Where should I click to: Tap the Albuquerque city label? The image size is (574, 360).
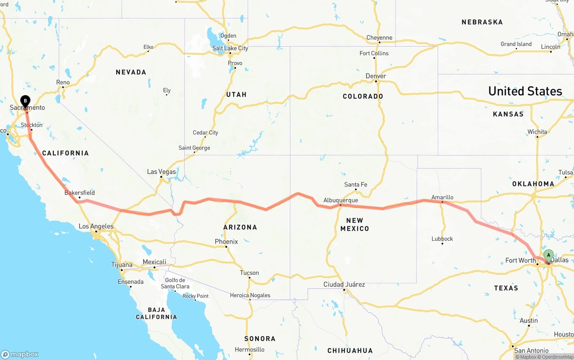[340, 200]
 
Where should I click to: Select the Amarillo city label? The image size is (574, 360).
[442, 197]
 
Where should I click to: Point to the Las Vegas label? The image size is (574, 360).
[161, 172]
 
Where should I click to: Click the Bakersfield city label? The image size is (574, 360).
[79, 193]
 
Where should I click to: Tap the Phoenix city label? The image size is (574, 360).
[226, 242]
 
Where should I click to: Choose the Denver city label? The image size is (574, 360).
[376, 76]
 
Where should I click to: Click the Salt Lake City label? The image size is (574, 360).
[230, 48]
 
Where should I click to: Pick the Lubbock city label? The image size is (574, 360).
[442, 239]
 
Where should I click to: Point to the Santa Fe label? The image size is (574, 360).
[356, 185]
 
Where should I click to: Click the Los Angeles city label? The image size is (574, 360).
[96, 226]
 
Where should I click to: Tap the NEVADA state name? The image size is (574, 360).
[131, 72]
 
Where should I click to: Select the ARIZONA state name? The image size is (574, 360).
[240, 227]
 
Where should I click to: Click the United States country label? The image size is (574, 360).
[525, 91]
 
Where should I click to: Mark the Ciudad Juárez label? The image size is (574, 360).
[344, 285]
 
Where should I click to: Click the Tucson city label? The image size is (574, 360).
[249, 273]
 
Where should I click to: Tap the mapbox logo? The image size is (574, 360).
[20, 354]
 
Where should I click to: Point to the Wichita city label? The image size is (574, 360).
[537, 132]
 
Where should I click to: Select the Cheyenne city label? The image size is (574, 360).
[379, 38]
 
